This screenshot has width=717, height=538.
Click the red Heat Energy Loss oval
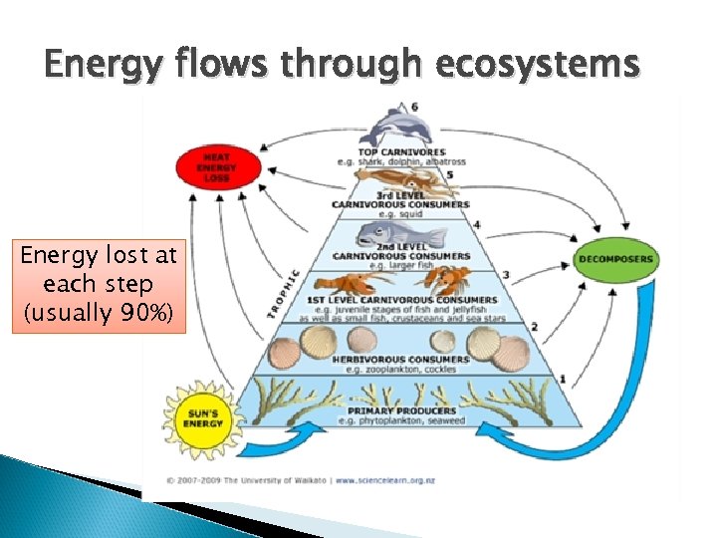pos(216,166)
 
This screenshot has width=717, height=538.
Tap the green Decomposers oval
pos(616,259)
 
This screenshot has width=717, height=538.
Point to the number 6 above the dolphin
pos(414,107)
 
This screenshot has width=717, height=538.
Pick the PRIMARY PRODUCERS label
pos(402,409)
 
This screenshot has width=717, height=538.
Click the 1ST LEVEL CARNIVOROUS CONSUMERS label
pos(402,299)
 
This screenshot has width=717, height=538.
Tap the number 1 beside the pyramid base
pos(563,379)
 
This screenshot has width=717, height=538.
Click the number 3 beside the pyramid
pos(506,275)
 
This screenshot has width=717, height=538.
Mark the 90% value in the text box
pos(149,316)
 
